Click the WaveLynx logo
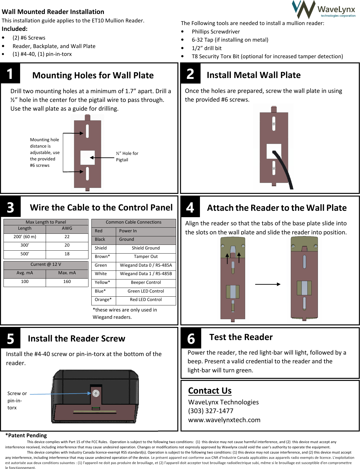pyautogui.click(x=324, y=10)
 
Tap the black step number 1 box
pyautogui.click(x=10, y=74)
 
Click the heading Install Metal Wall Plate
pyautogui.click(x=253, y=75)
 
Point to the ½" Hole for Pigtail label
pyautogui.click(x=127, y=157)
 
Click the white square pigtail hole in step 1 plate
pyautogui.click(x=87, y=158)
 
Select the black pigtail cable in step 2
pyautogui.click(x=284, y=169)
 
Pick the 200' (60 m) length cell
pyautogui.click(x=25, y=237)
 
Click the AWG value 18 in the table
pyautogui.click(x=67, y=254)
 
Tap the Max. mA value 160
pyautogui.click(x=67, y=282)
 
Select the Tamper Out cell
pyautogui.click(x=146, y=256)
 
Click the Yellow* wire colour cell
pyautogui.click(x=102, y=282)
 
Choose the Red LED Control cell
pyautogui.click(x=146, y=300)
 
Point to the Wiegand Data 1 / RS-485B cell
pyautogui.click(x=146, y=274)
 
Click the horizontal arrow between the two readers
pyautogui.click(x=267, y=284)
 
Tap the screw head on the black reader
pyautogui.click(x=96, y=393)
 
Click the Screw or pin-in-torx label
pyautogui.click(x=17, y=400)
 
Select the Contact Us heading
pyautogui.click(x=210, y=391)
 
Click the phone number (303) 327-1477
pyautogui.click(x=211, y=411)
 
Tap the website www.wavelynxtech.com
pyautogui.click(x=224, y=420)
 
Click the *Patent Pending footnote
pyautogui.click(x=26, y=436)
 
